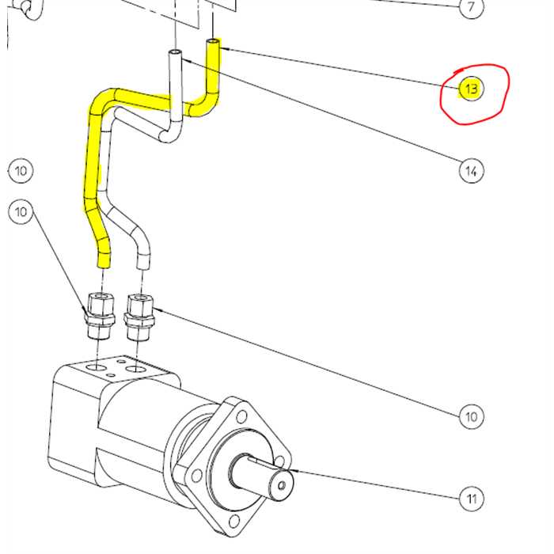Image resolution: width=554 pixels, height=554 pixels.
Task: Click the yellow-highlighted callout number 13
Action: [x=471, y=89]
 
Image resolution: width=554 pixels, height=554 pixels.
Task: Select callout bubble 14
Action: [x=471, y=170]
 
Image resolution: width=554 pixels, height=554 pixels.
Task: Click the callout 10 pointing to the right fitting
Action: [x=472, y=416]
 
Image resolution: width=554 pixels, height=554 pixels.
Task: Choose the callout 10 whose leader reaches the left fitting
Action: [x=21, y=211]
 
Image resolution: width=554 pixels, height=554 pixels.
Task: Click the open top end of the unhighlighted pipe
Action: [x=176, y=54]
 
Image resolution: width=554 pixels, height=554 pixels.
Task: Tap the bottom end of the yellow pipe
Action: [x=104, y=262]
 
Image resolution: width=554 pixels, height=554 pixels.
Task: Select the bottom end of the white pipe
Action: [x=143, y=260]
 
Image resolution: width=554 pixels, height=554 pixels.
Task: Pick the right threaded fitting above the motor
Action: [x=138, y=313]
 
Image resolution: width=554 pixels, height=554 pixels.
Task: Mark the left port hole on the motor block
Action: [x=97, y=369]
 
